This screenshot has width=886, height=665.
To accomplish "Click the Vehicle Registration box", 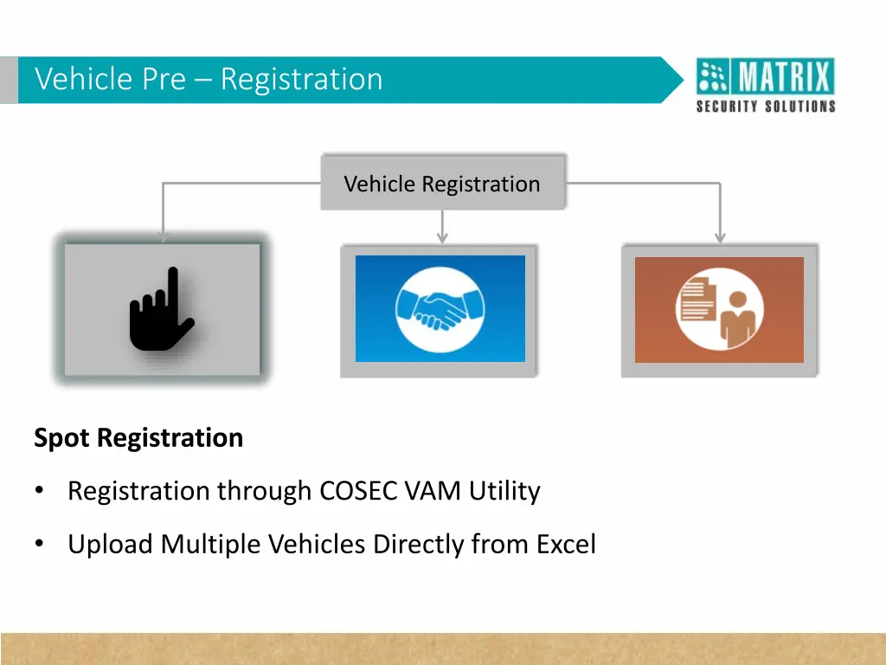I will click(442, 184).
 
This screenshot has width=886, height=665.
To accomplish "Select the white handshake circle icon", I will click(440, 308).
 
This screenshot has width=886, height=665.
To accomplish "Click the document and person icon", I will click(719, 308).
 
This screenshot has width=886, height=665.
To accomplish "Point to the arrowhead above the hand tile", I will click(163, 236).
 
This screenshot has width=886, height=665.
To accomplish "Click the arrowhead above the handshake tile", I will click(442, 237).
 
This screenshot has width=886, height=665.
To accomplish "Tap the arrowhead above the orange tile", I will click(720, 237).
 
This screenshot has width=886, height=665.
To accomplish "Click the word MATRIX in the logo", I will click(785, 79).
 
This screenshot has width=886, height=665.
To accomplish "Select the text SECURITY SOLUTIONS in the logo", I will click(766, 107).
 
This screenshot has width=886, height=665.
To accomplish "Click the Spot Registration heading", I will click(138, 438).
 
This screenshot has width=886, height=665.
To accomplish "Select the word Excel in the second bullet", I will click(566, 545).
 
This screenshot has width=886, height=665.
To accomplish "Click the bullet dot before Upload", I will click(39, 545).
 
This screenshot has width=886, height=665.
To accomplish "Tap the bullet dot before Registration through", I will click(39, 491).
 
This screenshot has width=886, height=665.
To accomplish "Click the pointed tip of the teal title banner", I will click(680, 80).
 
